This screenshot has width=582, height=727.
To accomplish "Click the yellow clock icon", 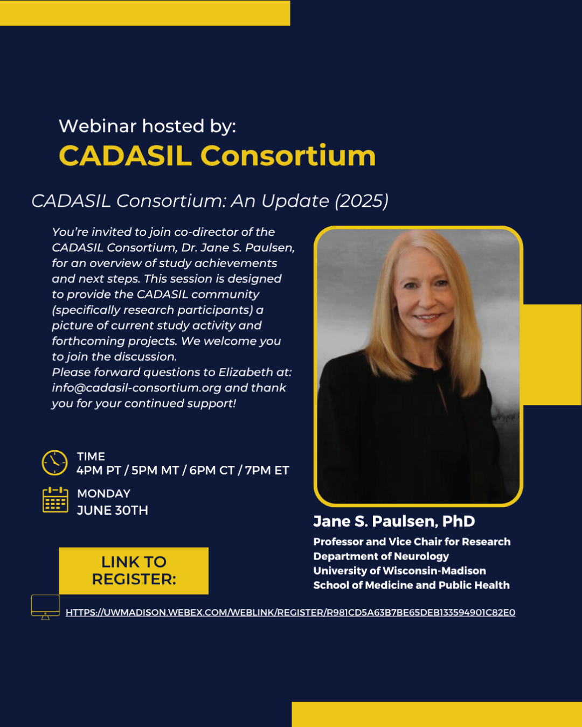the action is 54,463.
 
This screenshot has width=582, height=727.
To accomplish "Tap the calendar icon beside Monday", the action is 56,500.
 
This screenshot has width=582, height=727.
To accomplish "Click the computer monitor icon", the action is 45,607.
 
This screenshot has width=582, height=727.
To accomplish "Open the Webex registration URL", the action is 290,612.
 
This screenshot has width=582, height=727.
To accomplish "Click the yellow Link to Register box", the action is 134,571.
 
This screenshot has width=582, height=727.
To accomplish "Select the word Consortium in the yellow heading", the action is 288,156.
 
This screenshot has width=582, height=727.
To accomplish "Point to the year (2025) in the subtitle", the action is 362,201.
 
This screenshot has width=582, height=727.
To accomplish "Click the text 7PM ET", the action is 267,470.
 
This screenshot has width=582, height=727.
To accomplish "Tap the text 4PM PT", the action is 99,470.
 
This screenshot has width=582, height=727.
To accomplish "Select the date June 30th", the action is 112,510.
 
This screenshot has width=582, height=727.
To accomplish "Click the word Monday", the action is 103,494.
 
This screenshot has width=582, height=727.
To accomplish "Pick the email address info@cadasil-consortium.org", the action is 137,388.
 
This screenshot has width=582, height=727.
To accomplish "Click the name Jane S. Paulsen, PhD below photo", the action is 394,521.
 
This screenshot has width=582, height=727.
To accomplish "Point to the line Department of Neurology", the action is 381,556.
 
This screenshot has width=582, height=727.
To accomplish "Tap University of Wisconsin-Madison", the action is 399,571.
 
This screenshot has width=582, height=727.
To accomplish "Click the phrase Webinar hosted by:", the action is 148,127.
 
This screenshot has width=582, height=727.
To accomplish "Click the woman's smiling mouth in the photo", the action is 428,318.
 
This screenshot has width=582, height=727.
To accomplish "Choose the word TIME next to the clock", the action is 91,457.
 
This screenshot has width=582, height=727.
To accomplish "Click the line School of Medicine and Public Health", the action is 411,585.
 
